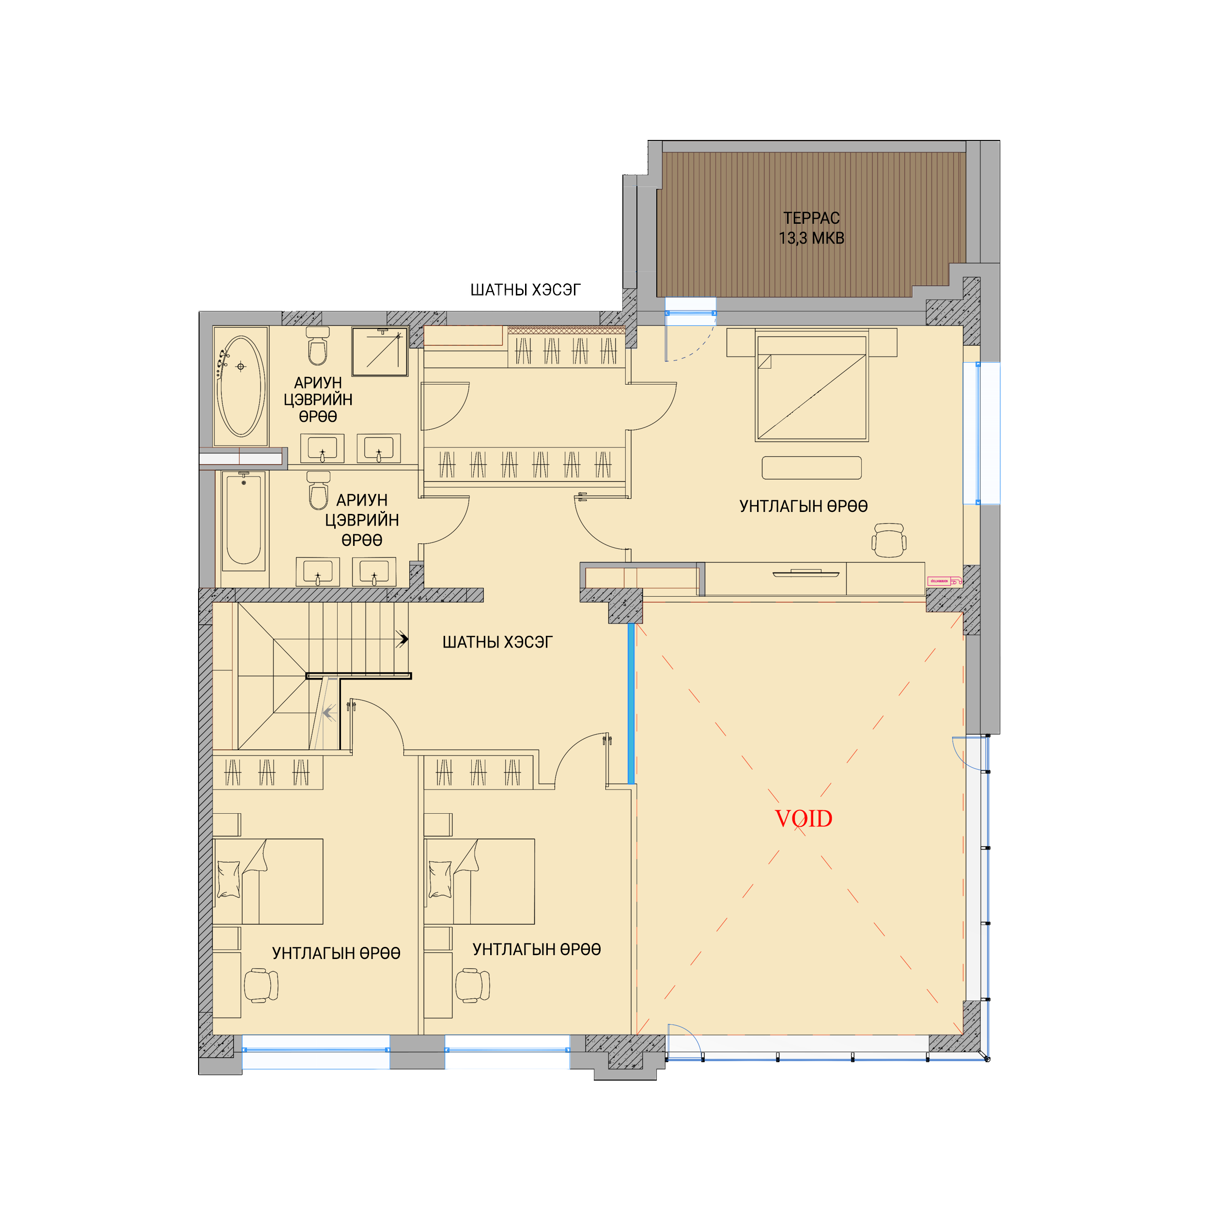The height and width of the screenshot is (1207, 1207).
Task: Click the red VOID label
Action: (x=804, y=819)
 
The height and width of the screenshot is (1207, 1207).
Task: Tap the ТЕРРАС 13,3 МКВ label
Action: (x=812, y=228)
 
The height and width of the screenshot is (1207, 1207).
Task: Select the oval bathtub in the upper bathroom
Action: (x=241, y=386)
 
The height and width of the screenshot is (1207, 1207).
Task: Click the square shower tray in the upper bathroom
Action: (x=380, y=352)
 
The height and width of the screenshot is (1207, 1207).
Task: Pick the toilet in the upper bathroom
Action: (x=318, y=346)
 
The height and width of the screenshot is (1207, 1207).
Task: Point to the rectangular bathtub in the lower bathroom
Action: (x=243, y=520)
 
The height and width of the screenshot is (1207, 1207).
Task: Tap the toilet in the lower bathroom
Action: (x=319, y=491)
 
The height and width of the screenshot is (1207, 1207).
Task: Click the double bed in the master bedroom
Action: (x=812, y=386)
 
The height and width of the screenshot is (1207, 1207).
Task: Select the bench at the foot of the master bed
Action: (x=812, y=468)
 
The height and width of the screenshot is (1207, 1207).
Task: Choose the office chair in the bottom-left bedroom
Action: (x=261, y=985)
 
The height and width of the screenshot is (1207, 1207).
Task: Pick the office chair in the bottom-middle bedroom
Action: (x=472, y=985)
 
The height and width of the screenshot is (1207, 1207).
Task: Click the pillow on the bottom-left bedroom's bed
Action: (x=229, y=879)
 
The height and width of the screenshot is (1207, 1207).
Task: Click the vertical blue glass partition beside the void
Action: (x=631, y=703)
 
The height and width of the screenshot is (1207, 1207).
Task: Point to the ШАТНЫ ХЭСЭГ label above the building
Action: (x=526, y=290)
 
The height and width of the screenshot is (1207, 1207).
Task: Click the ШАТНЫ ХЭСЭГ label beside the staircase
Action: (x=497, y=642)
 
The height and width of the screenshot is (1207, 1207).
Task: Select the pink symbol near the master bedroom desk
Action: (x=944, y=581)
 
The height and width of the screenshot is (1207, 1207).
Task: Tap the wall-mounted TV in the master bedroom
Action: (x=806, y=573)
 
